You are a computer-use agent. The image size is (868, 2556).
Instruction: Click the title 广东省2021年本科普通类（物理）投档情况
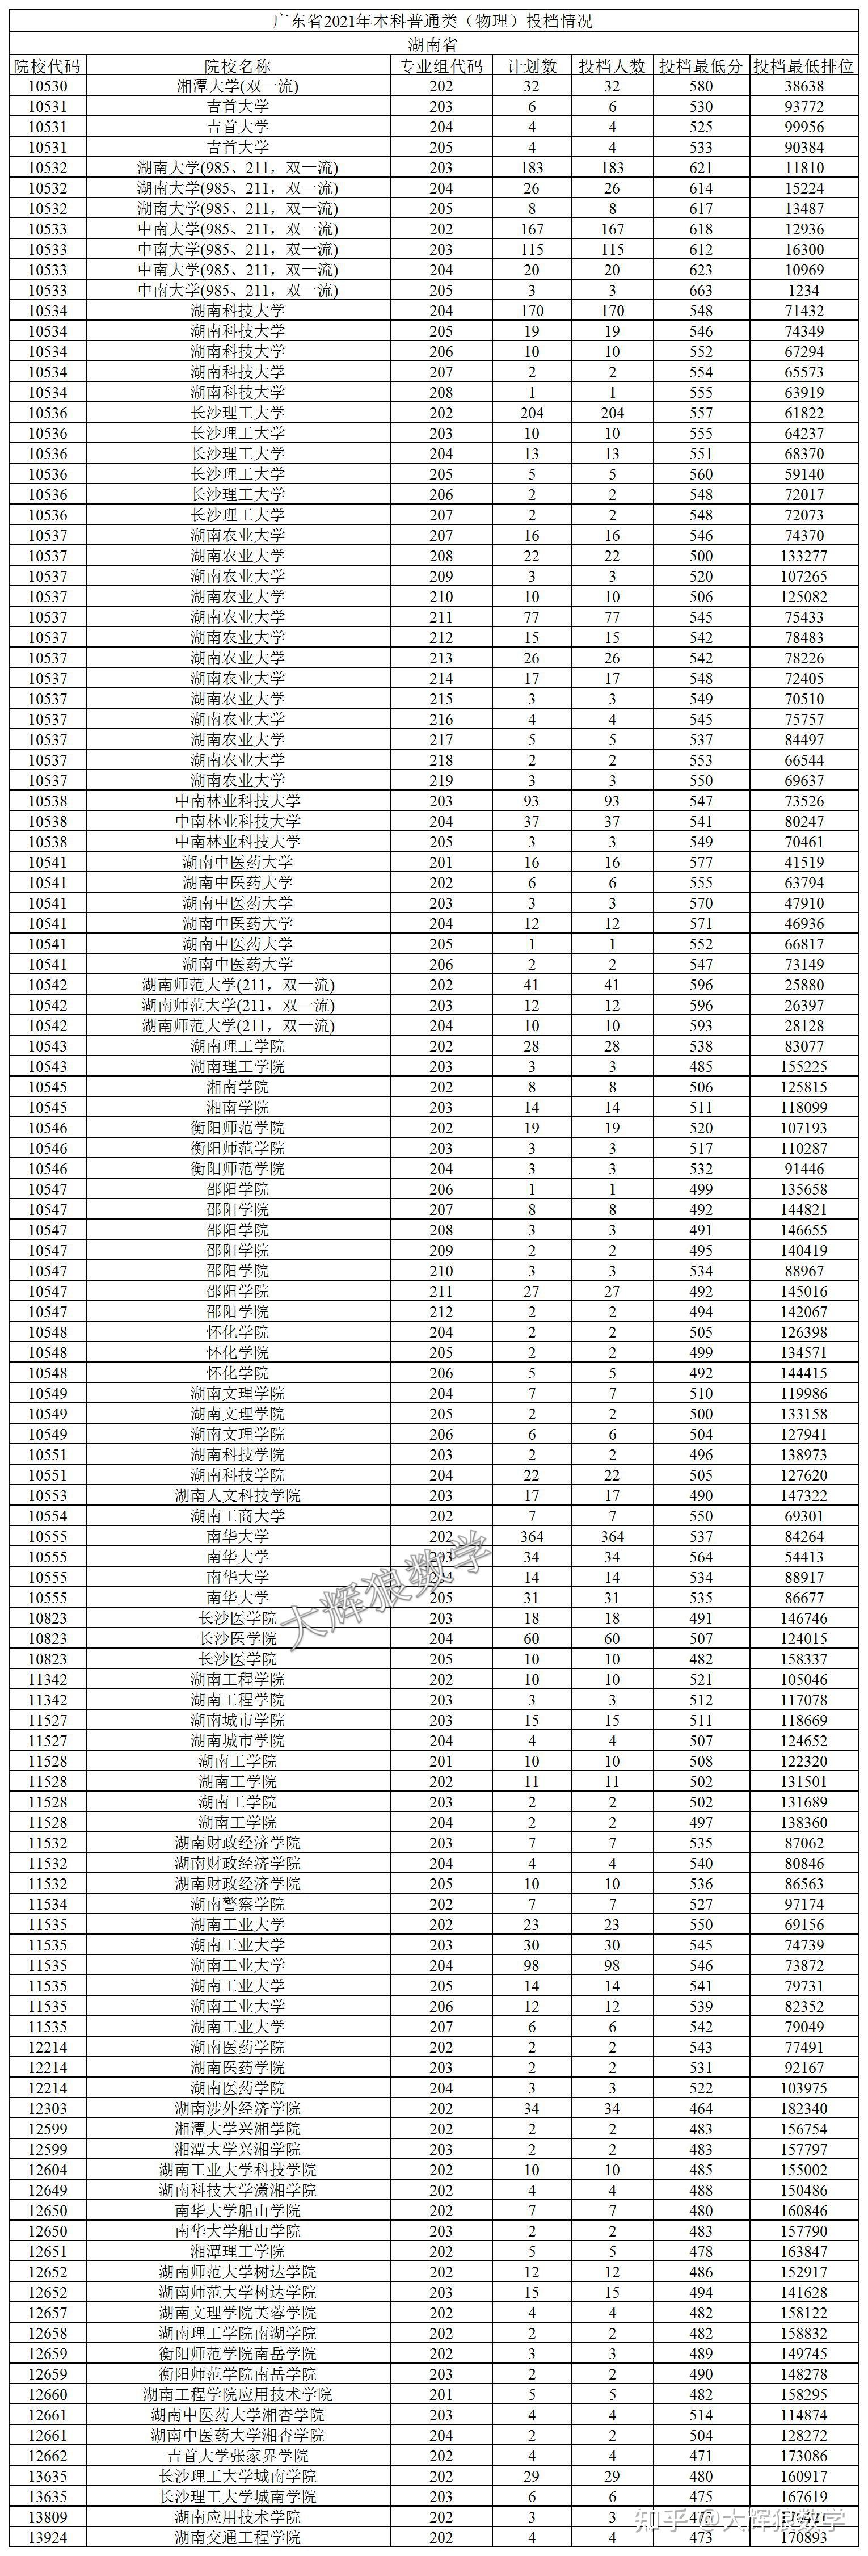(433, 22)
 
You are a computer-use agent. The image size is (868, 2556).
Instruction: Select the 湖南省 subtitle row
(433, 45)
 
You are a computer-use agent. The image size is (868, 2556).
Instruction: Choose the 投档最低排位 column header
(803, 65)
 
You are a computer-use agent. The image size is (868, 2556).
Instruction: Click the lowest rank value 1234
(803, 291)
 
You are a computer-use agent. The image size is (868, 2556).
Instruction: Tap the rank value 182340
(803, 2108)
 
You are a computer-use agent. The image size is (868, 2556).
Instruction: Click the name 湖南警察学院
(237, 1904)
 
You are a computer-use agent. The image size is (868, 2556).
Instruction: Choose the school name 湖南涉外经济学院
(237, 2108)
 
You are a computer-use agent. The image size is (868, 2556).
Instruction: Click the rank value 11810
(803, 167)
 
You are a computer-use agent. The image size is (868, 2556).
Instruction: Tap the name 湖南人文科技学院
(237, 1495)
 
